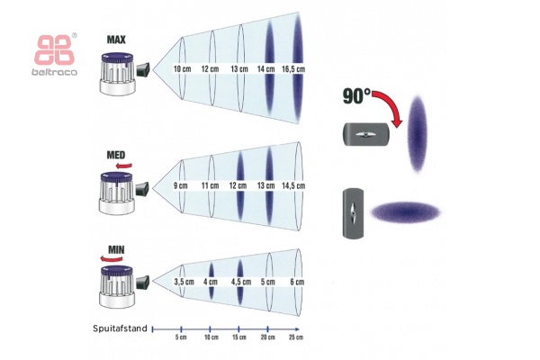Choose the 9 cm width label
coord(181,185)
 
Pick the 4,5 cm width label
coord(240,281)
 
